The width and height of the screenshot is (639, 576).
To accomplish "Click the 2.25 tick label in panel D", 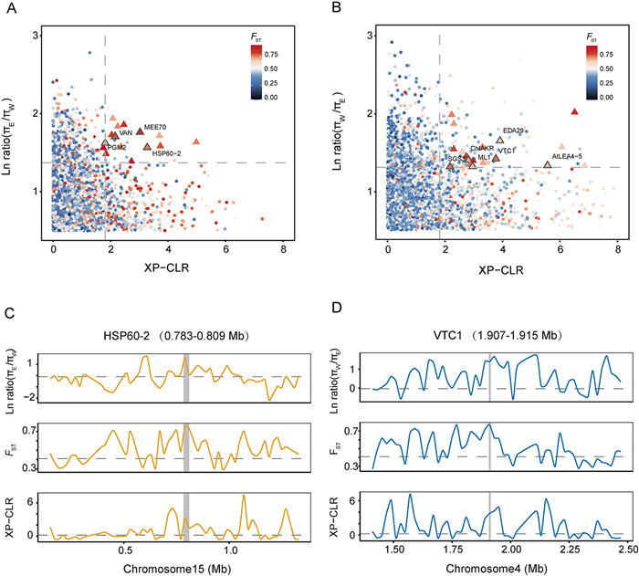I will [568, 551].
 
